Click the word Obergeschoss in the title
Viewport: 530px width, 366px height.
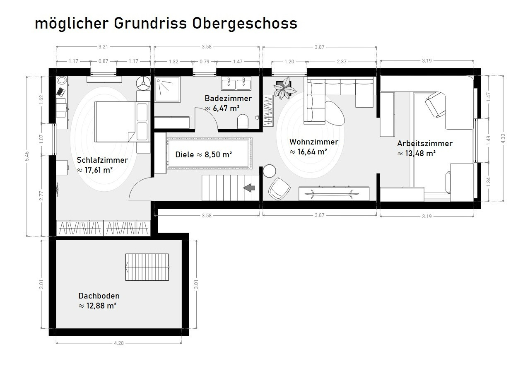(244, 24)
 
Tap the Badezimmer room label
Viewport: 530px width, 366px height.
(228, 98)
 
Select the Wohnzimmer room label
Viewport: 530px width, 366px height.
(314, 142)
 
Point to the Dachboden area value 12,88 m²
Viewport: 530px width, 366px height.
(101, 306)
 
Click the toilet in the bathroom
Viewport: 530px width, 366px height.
(243, 121)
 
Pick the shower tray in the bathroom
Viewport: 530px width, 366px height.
(168, 90)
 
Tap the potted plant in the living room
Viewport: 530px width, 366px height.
(284, 88)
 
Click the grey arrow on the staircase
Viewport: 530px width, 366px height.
(249, 188)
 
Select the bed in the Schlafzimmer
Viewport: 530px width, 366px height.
(122, 122)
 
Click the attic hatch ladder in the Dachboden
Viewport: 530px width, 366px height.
(147, 267)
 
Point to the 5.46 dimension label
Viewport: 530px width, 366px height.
(27, 156)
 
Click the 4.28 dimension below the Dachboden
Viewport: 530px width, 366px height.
(119, 343)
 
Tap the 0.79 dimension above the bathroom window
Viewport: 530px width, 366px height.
(205, 62)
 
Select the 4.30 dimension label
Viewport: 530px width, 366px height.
(503, 138)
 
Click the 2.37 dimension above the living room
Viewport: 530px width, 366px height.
(342, 62)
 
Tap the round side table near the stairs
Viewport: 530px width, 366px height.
(269, 171)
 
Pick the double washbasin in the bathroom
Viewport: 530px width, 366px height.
(236, 83)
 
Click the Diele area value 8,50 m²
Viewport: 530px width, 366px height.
(218, 154)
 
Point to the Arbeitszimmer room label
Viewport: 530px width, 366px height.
(425, 143)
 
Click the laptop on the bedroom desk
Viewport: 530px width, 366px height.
(61, 91)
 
